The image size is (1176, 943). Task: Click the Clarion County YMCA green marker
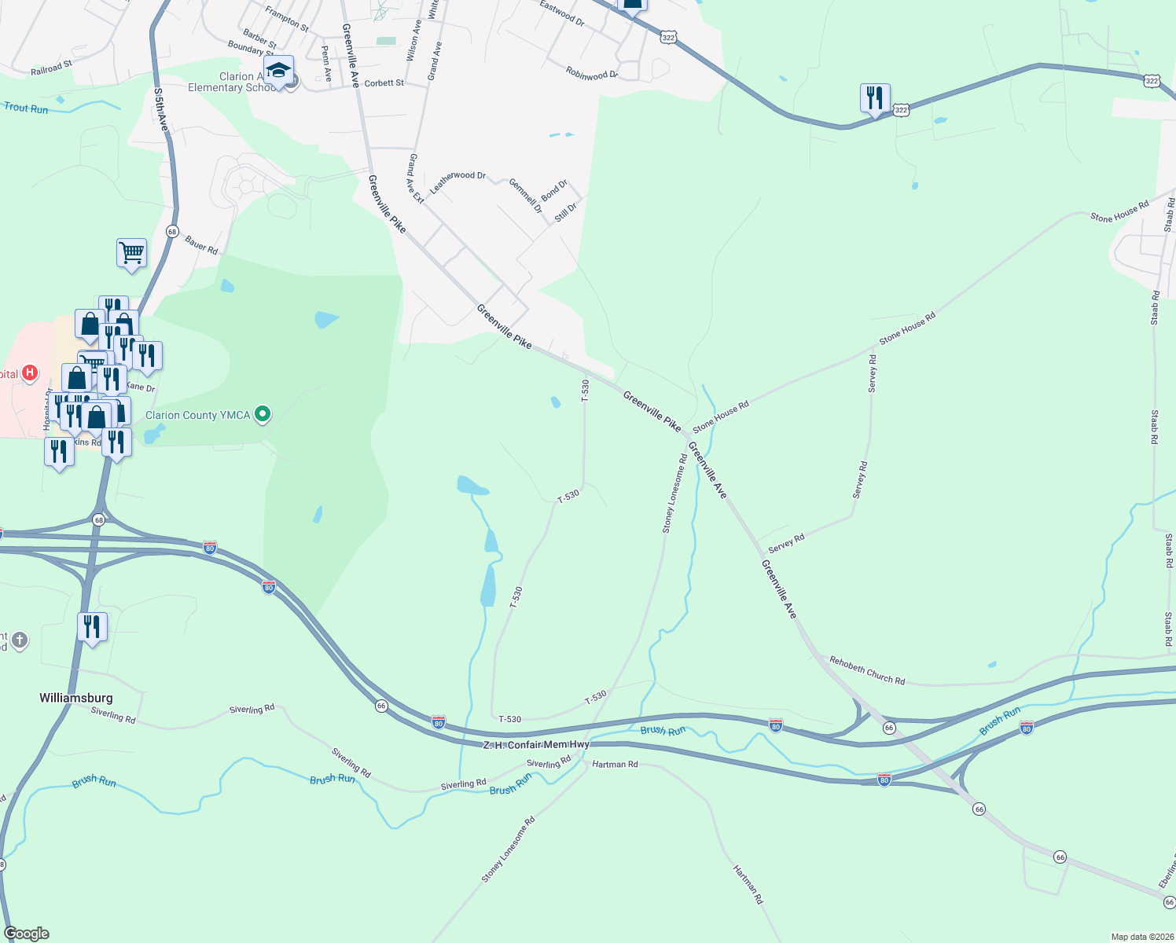[263, 414]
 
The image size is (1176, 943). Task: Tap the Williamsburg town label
[76, 698]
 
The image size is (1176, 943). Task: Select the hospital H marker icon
[30, 372]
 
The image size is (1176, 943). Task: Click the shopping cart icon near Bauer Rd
[131, 254]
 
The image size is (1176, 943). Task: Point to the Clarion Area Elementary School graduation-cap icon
[278, 72]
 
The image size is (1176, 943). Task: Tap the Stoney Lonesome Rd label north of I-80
[674, 494]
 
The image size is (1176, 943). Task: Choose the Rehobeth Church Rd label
[868, 670]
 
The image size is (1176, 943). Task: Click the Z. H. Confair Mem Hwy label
[535, 744]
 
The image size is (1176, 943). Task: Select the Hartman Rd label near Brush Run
[615, 764]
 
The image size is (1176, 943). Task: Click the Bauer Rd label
[201, 246]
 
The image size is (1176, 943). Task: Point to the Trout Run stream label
[26, 108]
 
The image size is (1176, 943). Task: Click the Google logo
[27, 934]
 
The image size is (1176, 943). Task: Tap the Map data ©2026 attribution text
[1140, 937]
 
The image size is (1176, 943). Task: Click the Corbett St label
[384, 83]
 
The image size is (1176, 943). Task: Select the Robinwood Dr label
[592, 74]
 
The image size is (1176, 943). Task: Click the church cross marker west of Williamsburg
[20, 640]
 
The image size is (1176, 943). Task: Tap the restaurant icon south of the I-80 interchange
[93, 628]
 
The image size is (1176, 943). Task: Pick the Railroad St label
[51, 69]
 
